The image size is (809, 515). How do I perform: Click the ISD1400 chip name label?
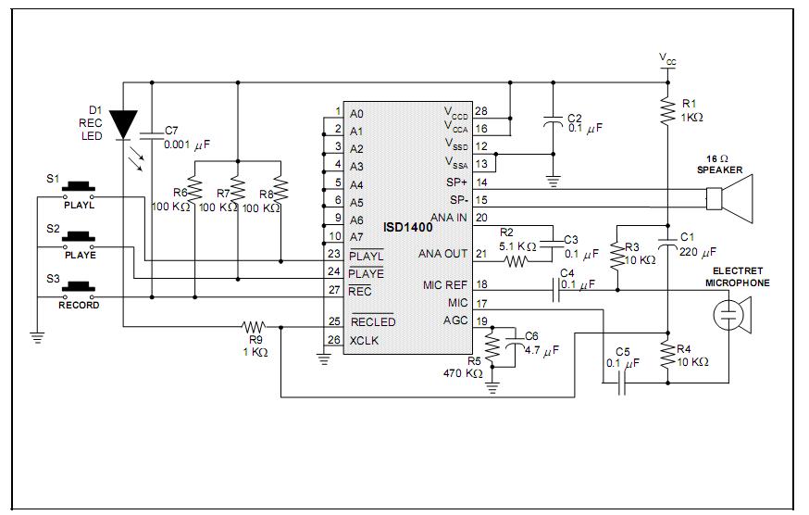click(x=407, y=227)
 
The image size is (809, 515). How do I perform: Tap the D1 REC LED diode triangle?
click(x=124, y=125)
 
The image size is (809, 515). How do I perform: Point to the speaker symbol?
click(x=729, y=199)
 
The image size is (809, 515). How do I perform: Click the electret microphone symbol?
click(x=732, y=315)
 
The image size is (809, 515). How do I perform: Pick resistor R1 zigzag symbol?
click(x=667, y=110)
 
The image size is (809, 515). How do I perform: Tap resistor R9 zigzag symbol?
click(x=254, y=326)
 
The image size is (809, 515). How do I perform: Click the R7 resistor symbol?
click(x=238, y=190)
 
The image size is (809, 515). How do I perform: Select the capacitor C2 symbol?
click(x=554, y=121)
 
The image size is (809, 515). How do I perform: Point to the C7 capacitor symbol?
click(x=152, y=135)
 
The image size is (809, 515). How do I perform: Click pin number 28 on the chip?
click(x=480, y=111)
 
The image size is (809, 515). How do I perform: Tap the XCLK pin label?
click(x=364, y=341)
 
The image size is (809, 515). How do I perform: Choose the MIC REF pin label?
click(x=444, y=284)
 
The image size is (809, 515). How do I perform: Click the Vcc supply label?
click(x=667, y=59)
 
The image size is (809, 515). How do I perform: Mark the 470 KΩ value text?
click(x=463, y=373)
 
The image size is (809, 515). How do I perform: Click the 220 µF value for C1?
click(x=698, y=252)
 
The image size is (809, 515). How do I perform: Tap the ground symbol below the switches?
click(x=37, y=338)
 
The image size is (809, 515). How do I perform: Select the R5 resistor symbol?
click(x=492, y=347)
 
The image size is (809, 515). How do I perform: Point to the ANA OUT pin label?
click(x=442, y=254)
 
